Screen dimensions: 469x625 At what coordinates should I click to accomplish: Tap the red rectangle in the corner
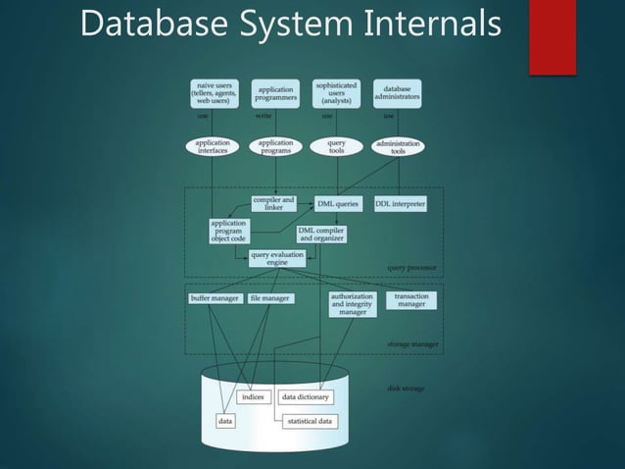click(x=551, y=36)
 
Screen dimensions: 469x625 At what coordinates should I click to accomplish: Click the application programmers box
click(x=275, y=93)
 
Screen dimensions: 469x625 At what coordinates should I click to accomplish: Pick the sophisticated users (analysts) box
click(x=336, y=93)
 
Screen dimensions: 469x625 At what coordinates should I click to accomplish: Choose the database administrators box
click(x=397, y=93)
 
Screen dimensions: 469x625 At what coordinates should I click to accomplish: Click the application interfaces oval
click(x=214, y=146)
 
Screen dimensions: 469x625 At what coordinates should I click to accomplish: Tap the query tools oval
click(x=336, y=146)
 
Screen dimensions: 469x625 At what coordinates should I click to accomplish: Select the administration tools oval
click(x=398, y=146)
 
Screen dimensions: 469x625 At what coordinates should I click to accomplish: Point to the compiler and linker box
click(x=274, y=203)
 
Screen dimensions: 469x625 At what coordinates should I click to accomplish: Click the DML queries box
click(x=340, y=204)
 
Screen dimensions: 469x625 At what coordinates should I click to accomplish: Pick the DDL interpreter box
click(x=400, y=204)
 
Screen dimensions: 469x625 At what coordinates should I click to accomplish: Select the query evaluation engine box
click(x=276, y=257)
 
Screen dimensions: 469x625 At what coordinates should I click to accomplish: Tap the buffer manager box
click(x=214, y=298)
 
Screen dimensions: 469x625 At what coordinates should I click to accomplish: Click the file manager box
click(x=269, y=298)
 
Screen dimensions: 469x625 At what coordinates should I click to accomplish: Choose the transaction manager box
click(x=411, y=300)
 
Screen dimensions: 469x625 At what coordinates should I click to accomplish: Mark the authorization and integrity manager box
click(x=353, y=304)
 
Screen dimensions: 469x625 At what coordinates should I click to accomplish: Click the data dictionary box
click(x=306, y=397)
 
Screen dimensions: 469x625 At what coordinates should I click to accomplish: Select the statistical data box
click(x=309, y=422)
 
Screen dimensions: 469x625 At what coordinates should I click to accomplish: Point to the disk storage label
click(x=404, y=389)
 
